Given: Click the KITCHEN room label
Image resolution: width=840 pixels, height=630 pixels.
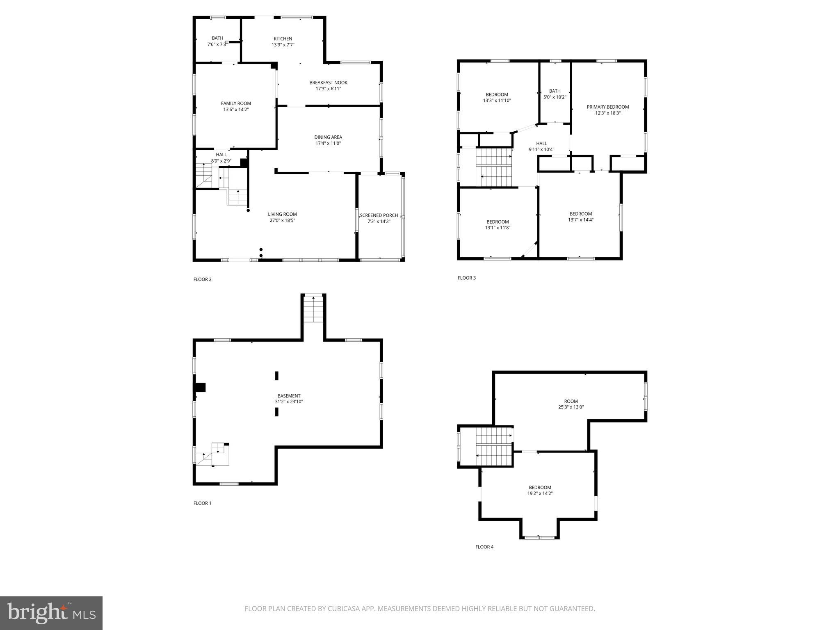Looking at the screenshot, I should tap(283, 39).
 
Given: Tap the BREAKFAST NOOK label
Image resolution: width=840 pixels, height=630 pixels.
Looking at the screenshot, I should tap(328, 83).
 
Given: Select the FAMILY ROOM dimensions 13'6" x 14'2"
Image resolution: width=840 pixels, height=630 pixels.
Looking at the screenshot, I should tap(236, 110).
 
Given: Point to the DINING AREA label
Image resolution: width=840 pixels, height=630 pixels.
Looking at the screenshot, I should tap(328, 137).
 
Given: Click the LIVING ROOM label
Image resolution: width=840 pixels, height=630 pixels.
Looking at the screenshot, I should tap(282, 215).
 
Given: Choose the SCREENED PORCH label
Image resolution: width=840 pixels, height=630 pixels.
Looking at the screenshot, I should tap(379, 215).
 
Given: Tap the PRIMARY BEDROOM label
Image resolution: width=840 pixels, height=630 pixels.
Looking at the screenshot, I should tap(607, 107).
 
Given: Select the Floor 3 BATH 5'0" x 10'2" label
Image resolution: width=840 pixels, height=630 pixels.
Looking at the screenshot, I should tap(555, 94).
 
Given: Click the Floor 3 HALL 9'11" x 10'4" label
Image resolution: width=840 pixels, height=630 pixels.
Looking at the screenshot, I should tap(541, 146).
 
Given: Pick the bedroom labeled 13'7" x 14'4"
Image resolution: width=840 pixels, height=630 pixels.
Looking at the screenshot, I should tap(581, 217).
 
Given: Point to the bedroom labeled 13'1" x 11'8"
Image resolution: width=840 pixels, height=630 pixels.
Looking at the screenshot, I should tap(498, 225).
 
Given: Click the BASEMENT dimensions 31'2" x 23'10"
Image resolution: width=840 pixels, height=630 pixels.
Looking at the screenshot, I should tap(289, 402).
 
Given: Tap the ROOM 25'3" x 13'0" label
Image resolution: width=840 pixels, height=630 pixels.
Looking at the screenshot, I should tap(571, 404).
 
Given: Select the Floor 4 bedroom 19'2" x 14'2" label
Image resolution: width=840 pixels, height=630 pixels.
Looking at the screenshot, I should tap(540, 491).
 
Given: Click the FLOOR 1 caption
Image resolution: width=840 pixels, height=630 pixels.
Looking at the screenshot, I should tap(202, 503).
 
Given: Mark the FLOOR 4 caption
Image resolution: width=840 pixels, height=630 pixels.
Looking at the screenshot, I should tap(484, 547).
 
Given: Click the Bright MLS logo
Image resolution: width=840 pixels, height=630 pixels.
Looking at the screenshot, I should tap(51, 613).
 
